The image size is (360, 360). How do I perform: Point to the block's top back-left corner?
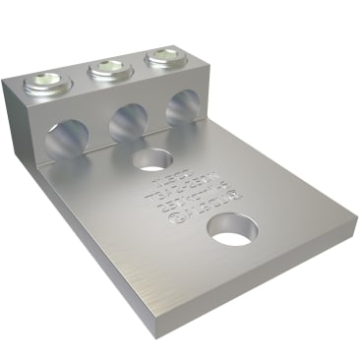pyautogui.click(x=21, y=77)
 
